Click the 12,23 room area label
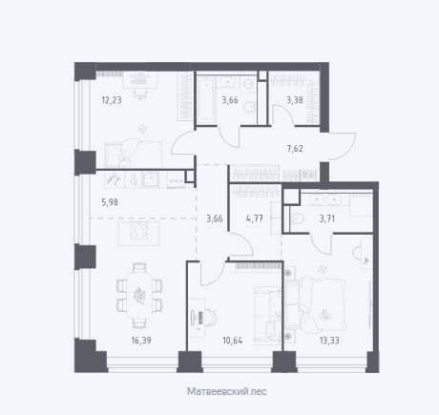(x=112, y=100)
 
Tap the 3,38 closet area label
(x=295, y=100)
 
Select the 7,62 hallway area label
(x=295, y=149)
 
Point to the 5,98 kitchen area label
(x=110, y=202)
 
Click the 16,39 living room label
(x=141, y=341)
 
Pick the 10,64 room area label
(x=233, y=341)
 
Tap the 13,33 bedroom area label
(x=329, y=341)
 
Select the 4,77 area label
(x=255, y=218)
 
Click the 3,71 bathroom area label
(x=327, y=218)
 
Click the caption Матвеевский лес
(x=227, y=391)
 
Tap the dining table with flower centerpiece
(x=139, y=295)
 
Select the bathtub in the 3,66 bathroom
(x=206, y=99)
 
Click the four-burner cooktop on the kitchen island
(x=139, y=231)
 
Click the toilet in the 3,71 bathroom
(x=298, y=218)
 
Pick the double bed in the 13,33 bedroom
(x=316, y=302)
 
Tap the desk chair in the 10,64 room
(x=212, y=317)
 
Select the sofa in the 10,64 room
(x=267, y=316)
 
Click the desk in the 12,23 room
(x=140, y=80)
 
